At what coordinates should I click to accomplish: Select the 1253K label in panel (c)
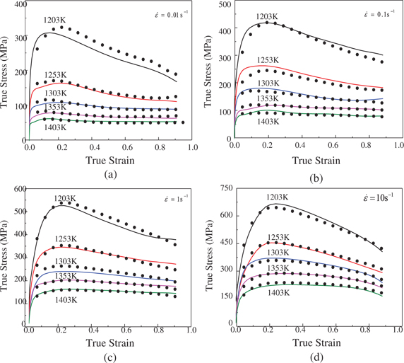pos(68,241)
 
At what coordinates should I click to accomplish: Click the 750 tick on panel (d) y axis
pos(224,190)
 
